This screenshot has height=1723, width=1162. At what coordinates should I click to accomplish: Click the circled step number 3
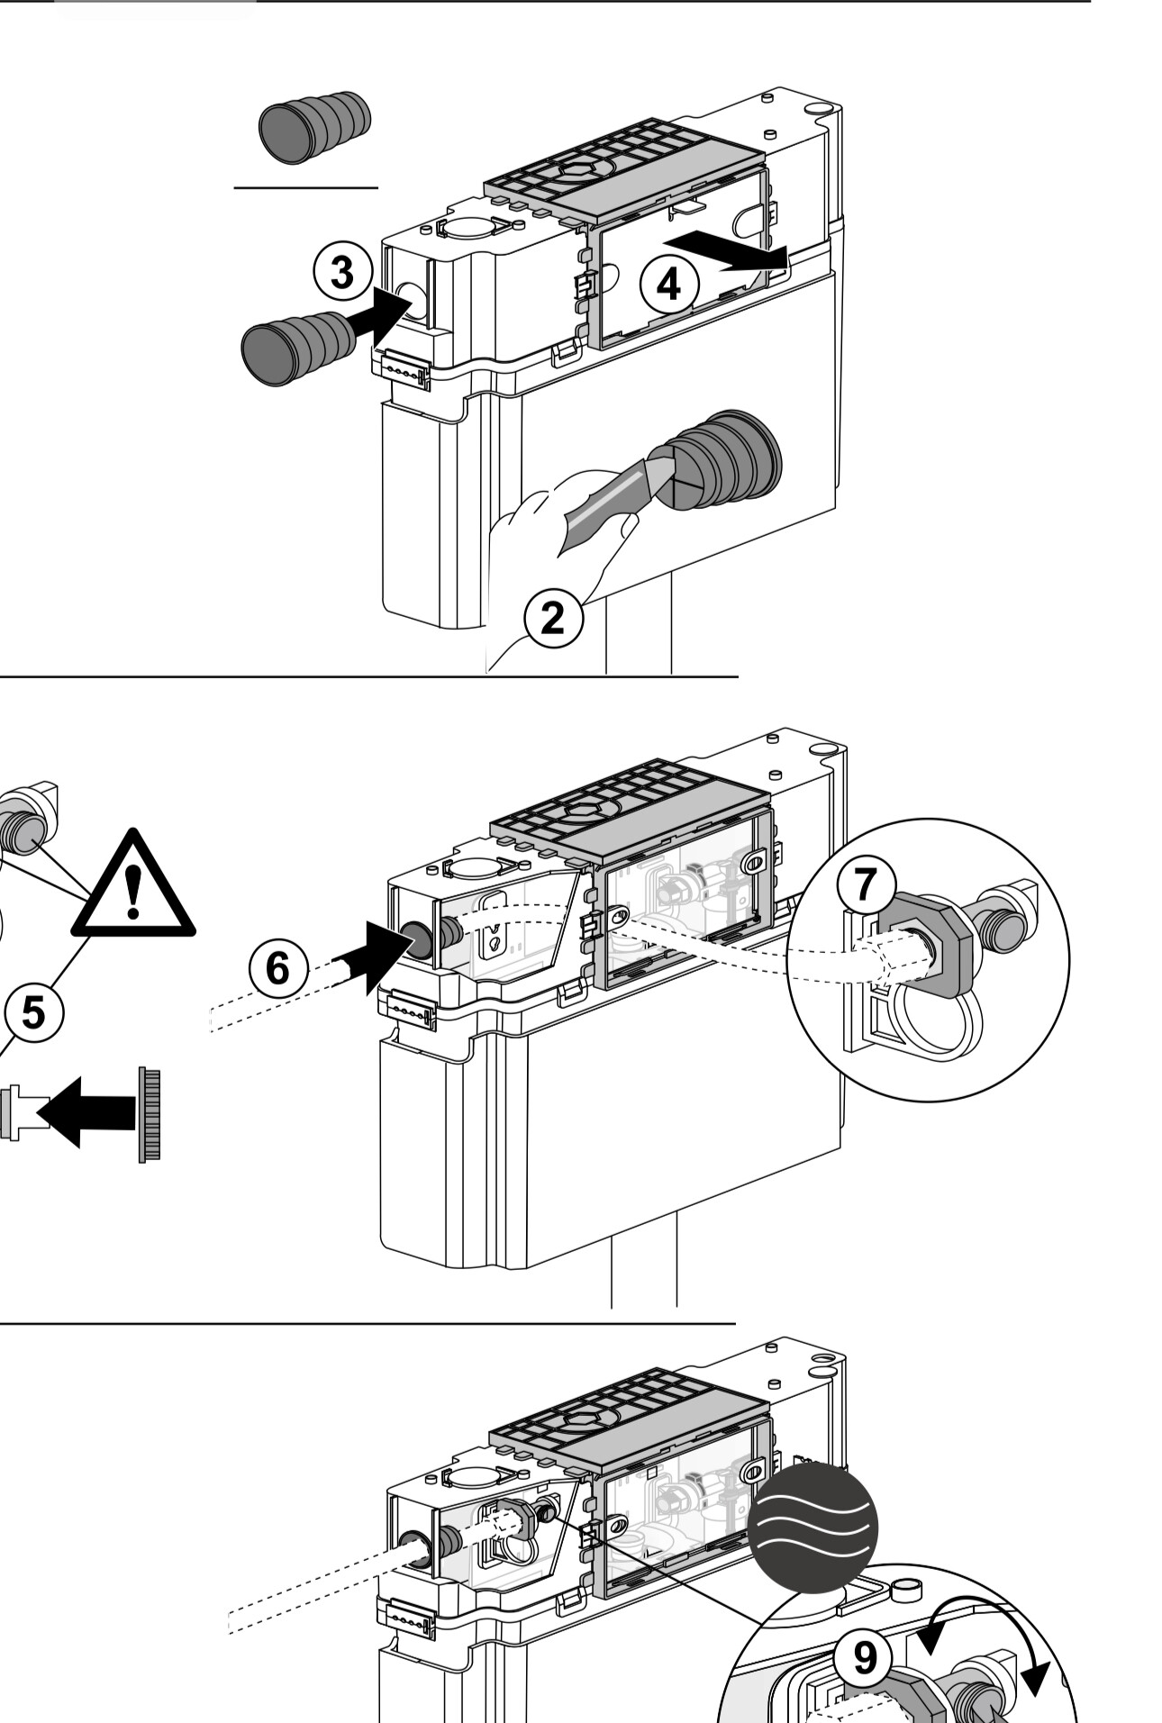(x=342, y=272)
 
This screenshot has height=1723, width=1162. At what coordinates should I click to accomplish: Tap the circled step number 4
(x=668, y=285)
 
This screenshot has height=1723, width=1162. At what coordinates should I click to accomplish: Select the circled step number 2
(x=553, y=618)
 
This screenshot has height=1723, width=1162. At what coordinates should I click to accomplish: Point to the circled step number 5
(x=32, y=1012)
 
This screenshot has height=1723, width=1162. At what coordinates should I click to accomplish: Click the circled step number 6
(x=278, y=968)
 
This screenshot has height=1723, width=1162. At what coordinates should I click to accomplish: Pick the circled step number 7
(x=866, y=884)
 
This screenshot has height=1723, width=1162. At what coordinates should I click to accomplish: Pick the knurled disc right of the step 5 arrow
(x=150, y=1114)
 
